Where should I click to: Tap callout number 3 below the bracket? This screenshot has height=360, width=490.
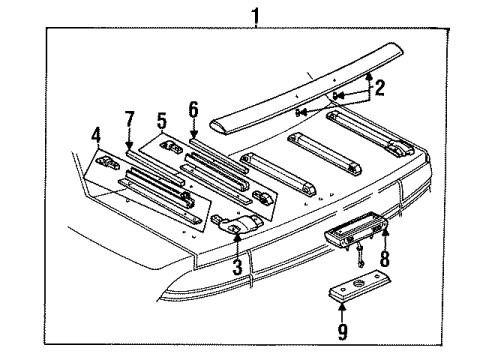click(237, 268)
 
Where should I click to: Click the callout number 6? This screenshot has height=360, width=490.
click(193, 109)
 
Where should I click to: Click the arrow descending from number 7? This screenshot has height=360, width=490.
click(128, 143)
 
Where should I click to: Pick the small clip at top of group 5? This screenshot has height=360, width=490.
click(174, 148)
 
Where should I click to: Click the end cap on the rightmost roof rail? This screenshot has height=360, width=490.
click(397, 151)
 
